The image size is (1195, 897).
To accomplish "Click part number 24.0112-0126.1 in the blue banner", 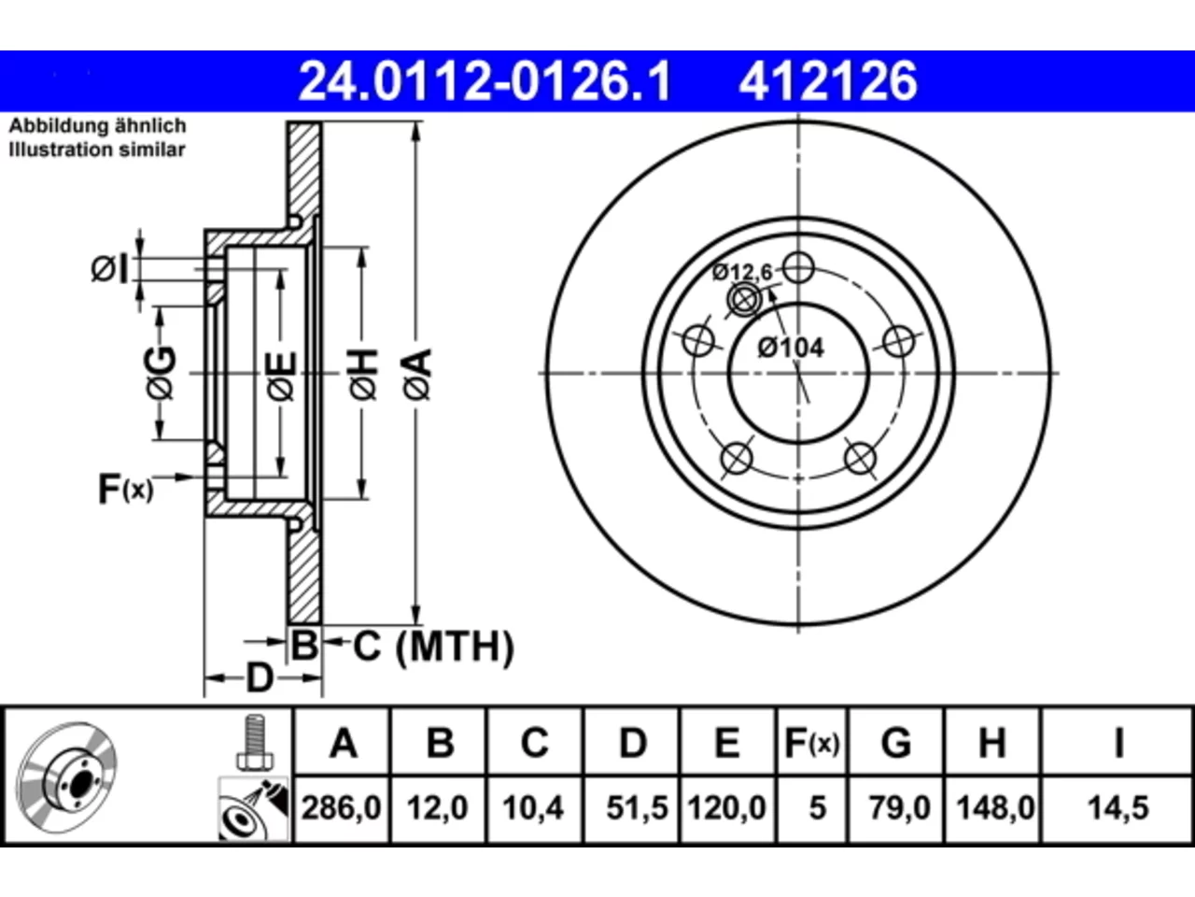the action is [485, 81].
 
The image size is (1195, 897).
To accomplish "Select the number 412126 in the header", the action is [827, 81].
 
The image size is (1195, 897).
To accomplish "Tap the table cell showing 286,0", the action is [342, 807].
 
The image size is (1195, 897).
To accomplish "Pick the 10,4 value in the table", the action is [533, 807].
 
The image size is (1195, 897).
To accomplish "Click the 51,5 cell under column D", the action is [637, 807].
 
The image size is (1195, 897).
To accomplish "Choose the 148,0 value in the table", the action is [995, 807].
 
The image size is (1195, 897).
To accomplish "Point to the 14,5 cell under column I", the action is [1118, 807].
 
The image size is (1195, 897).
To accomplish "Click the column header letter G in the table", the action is [896, 742].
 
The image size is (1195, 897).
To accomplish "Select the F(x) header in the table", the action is [811, 742].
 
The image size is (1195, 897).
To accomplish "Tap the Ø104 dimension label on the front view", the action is [791, 348].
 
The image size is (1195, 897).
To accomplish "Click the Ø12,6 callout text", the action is [742, 272].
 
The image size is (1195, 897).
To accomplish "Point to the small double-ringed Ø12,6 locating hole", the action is [745, 300].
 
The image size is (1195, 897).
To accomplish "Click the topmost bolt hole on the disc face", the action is [798, 267].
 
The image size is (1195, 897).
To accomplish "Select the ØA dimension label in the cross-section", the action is [417, 375].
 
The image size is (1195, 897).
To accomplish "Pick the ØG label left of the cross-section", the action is [162, 373].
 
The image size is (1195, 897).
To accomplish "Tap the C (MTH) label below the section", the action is [433, 647].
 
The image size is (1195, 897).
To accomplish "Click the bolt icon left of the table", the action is [254, 742].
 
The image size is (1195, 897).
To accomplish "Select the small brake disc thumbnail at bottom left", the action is [66, 777].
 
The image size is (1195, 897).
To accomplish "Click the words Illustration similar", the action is [97, 149].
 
